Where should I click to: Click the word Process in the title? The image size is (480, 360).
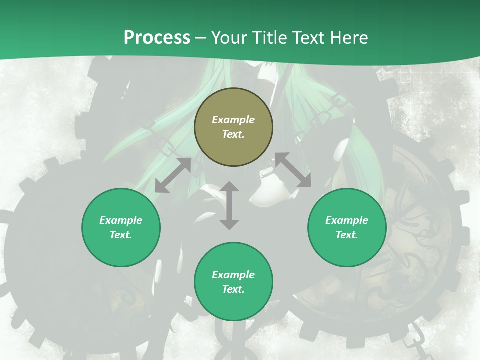pyautogui.click(x=157, y=37)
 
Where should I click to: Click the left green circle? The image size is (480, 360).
pyautogui.click(x=121, y=227)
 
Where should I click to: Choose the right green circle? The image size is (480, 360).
pyautogui.click(x=347, y=227)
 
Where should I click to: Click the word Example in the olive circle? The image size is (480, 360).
pyautogui.click(x=233, y=120)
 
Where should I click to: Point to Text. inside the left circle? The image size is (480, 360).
pyautogui.click(x=121, y=235)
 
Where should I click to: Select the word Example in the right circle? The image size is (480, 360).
pyautogui.click(x=347, y=220)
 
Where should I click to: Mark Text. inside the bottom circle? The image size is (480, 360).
pyautogui.click(x=233, y=289)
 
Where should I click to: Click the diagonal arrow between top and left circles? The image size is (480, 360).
pyautogui.click(x=173, y=175)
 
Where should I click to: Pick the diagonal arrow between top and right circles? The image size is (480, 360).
pyautogui.click(x=292, y=170)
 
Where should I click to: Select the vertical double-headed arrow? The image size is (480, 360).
pyautogui.click(x=229, y=205)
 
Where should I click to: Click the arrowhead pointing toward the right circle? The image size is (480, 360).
pyautogui.click(x=304, y=181)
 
